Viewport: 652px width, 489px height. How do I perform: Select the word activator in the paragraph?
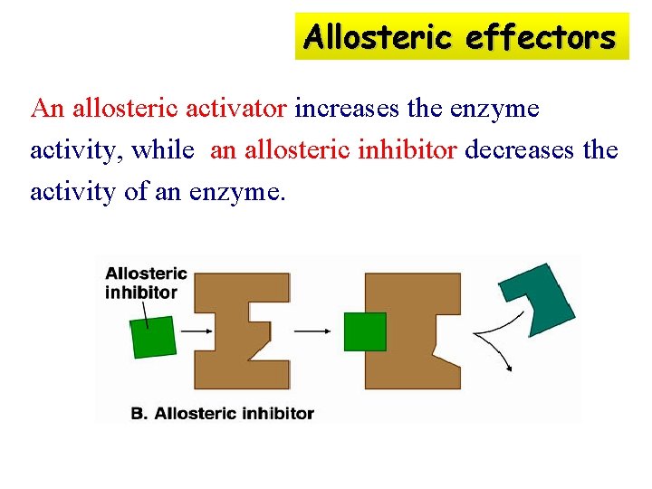click(236, 110)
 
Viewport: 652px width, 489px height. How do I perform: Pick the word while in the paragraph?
click(163, 150)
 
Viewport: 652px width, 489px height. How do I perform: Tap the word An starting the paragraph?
click(46, 110)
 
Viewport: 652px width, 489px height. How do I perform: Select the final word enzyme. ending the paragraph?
click(237, 191)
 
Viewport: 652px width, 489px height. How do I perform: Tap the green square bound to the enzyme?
click(364, 331)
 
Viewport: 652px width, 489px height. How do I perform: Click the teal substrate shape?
click(541, 299)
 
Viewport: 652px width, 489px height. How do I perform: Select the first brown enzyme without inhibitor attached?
click(242, 331)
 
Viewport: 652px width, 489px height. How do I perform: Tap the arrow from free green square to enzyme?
click(196, 331)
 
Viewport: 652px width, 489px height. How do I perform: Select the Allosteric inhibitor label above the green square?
click(146, 283)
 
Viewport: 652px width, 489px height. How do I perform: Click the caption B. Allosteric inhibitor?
click(223, 414)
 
